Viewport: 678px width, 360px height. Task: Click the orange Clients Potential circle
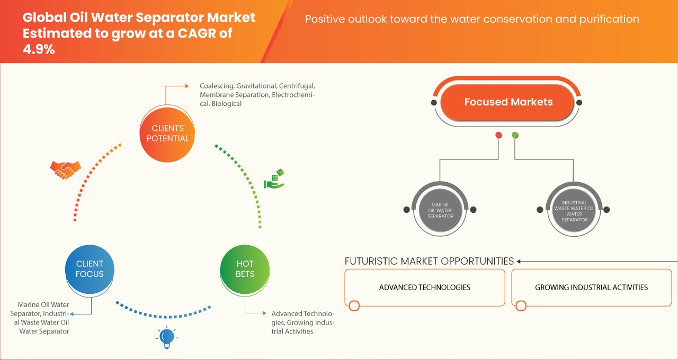point(167,133)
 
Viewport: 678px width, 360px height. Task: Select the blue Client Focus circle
point(90,269)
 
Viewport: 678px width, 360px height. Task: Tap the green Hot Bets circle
point(245,269)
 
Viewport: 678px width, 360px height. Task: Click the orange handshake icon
point(65,169)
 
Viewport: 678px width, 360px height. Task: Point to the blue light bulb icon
point(167,337)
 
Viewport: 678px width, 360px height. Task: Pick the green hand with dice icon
point(274,179)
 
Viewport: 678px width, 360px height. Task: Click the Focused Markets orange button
point(508,102)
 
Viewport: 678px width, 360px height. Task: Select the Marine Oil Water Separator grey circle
point(440,210)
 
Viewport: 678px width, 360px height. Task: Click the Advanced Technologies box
point(424,287)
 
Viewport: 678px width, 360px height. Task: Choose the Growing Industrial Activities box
point(591,287)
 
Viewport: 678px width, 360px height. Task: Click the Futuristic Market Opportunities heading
point(429,261)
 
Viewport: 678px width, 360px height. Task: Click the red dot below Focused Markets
point(498,136)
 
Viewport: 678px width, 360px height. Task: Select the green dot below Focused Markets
point(515,136)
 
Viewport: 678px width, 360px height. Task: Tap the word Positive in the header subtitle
point(325,20)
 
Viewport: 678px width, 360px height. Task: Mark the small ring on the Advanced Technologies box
point(354,305)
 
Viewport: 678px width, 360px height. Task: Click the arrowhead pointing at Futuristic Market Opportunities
point(519,261)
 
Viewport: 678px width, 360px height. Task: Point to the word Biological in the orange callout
point(226,104)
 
